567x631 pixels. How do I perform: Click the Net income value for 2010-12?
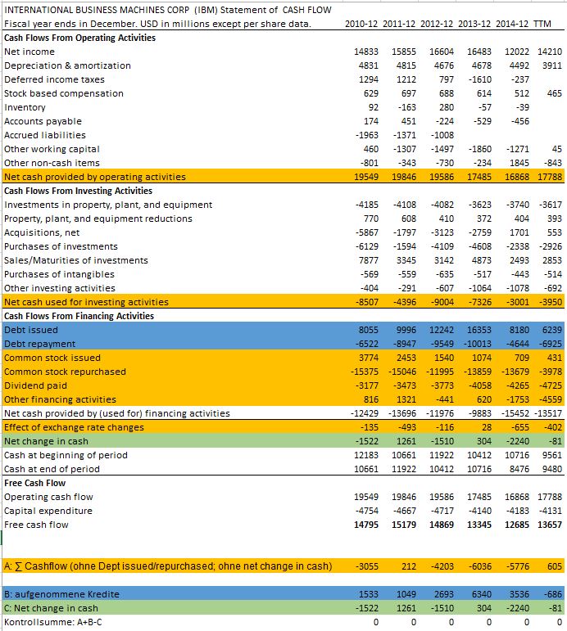[365, 52]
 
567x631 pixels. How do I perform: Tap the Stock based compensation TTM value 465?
[554, 93]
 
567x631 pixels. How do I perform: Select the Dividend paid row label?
[35, 385]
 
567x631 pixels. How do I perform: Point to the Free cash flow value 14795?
[365, 525]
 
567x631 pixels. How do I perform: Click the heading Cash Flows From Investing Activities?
[78, 191]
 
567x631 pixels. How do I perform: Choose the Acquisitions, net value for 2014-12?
[518, 232]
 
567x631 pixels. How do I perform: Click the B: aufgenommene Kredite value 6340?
[481, 594]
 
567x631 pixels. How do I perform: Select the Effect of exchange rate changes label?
[74, 427]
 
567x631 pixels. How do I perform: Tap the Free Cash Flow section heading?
[36, 483]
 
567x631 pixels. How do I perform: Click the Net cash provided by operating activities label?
[94, 177]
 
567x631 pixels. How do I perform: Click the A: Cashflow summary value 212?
[408, 566]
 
